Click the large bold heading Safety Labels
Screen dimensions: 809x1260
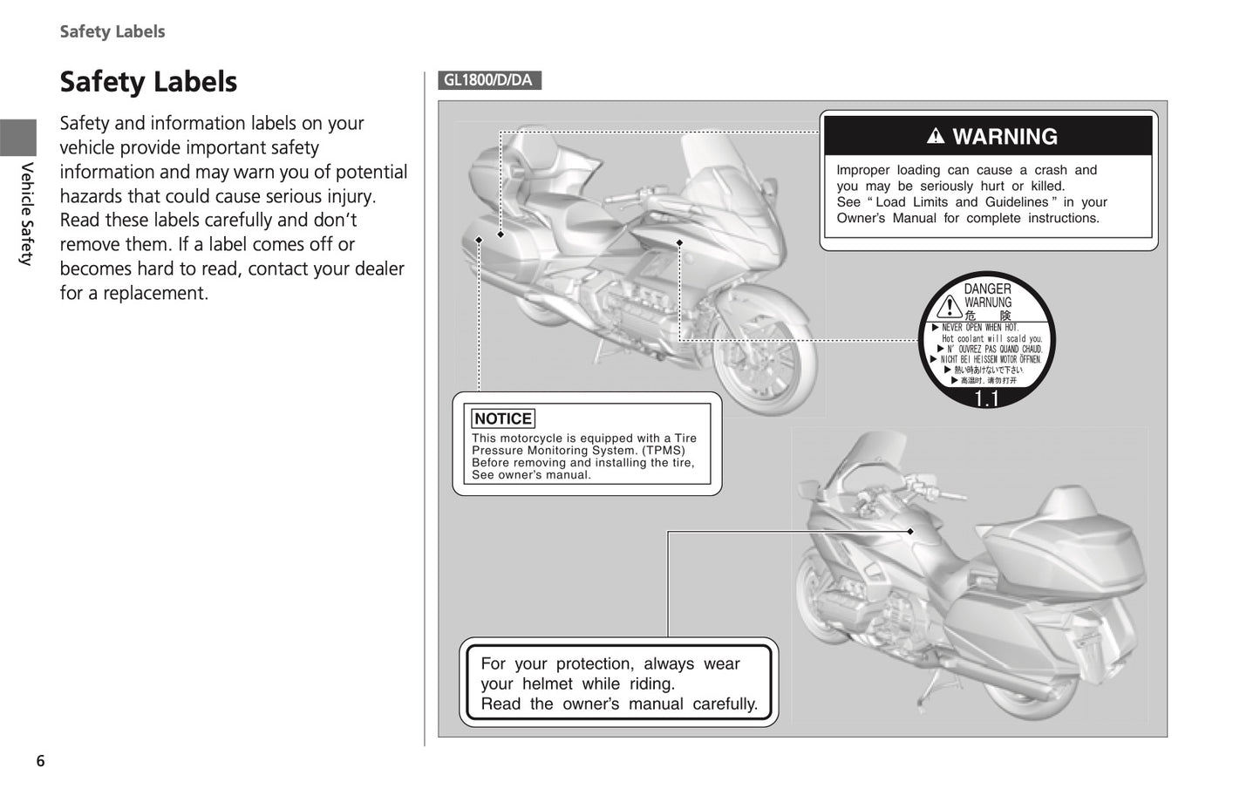point(148,82)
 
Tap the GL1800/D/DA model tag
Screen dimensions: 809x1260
point(488,81)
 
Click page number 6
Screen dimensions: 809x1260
point(40,761)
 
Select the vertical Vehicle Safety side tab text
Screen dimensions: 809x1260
point(27,214)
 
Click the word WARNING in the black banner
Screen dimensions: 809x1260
point(1005,137)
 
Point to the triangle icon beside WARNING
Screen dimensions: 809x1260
point(936,136)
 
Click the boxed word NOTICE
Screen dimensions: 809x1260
point(503,418)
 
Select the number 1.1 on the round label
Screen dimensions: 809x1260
point(986,399)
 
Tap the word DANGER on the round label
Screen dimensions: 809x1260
point(987,289)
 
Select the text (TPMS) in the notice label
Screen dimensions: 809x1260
point(661,451)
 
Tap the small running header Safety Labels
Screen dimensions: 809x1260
point(112,31)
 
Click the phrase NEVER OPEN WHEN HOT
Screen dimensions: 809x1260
point(979,328)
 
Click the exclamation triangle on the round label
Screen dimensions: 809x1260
point(949,306)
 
